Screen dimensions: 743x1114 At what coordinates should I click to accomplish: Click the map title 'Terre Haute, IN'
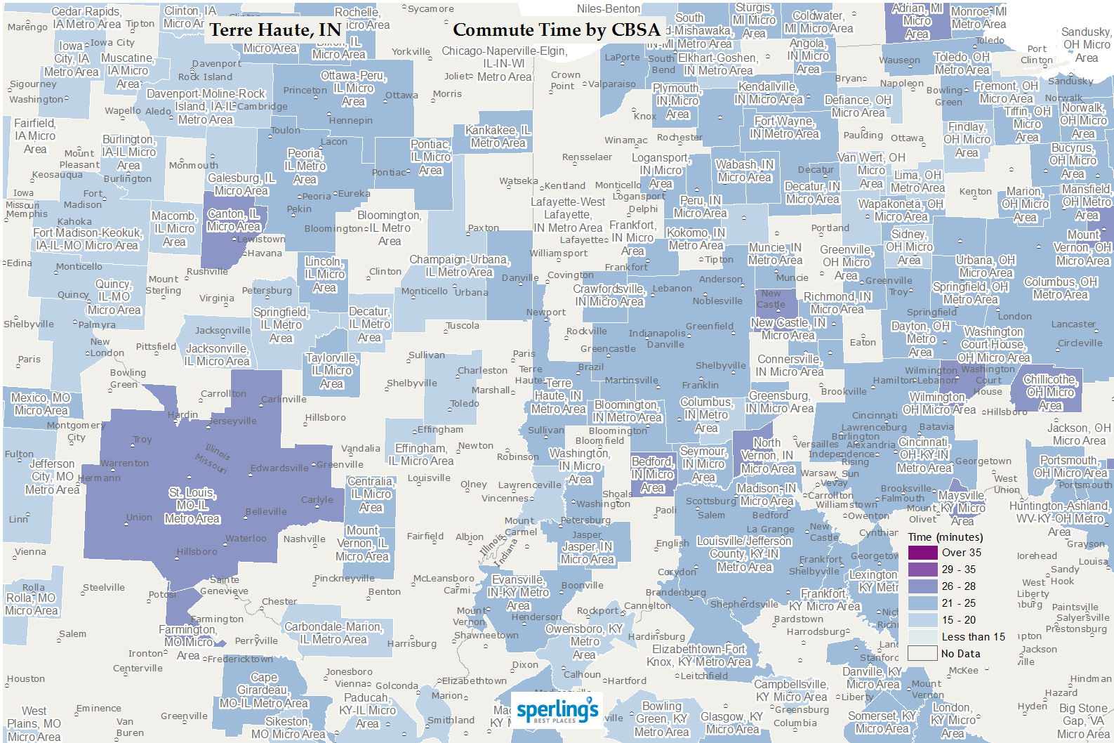275,30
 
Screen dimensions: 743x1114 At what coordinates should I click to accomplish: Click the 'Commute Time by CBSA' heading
556,30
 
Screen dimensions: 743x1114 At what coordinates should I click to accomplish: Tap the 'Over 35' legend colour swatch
922,553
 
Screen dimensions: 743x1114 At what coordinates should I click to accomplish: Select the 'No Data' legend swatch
922,654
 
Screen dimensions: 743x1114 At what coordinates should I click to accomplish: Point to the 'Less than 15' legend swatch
922,637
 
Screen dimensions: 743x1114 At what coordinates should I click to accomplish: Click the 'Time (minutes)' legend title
945,537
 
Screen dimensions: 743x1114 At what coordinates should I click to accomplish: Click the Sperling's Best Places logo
557,711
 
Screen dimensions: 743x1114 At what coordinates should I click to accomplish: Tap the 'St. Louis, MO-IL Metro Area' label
192,506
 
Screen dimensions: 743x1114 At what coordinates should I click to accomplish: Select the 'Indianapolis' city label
657,334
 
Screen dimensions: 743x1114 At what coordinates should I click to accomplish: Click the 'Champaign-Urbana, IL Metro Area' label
459,265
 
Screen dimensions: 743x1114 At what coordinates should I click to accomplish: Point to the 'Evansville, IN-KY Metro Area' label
518,593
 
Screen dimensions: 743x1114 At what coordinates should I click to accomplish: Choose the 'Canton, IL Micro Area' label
233,220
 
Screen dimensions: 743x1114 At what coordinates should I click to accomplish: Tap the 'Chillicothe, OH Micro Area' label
1050,392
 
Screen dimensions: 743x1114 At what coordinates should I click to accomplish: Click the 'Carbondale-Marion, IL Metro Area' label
333,633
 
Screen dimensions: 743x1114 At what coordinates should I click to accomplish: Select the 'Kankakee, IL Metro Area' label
498,136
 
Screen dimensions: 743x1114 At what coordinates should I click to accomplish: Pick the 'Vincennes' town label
504,499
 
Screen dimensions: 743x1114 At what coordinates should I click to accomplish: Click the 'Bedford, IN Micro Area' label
652,475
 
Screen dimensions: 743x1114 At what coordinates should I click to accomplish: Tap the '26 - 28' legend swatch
922,586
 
